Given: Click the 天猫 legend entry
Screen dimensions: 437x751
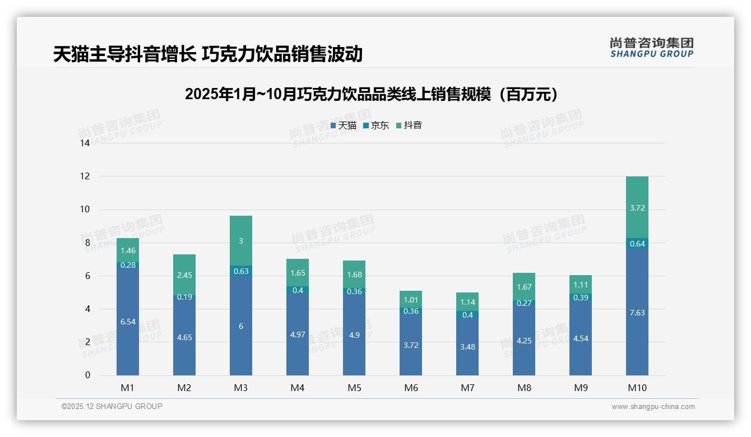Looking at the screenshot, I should click(x=344, y=125).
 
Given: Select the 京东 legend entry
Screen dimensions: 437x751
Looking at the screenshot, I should click(x=376, y=125).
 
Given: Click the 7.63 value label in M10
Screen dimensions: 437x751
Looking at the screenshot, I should click(x=637, y=313).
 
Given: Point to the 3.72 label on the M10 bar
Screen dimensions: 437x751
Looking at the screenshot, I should click(x=637, y=208).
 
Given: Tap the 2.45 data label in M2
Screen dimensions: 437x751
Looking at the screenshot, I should click(x=184, y=275).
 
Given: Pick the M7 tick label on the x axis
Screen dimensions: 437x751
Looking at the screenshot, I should click(x=467, y=388).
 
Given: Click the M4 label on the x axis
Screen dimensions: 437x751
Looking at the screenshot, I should click(x=298, y=388).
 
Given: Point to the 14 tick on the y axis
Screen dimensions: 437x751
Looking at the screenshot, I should click(x=85, y=143).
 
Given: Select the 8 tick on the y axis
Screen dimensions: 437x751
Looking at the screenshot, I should click(x=87, y=243).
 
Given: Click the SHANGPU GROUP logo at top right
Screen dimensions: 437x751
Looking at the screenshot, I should click(x=651, y=48).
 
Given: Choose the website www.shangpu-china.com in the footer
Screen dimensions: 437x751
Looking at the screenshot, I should click(x=653, y=407).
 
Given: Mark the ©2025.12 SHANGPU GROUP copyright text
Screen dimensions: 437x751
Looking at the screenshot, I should click(x=112, y=407).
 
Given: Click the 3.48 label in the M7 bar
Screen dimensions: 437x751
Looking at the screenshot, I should click(x=467, y=347).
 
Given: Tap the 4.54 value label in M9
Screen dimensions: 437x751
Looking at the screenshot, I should click(x=581, y=338).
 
